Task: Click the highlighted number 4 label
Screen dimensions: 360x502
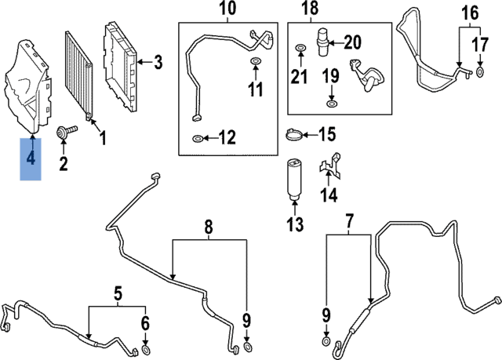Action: coord(31,158)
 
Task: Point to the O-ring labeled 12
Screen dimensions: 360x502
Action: coord(197,140)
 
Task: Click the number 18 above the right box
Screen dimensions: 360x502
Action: coord(310,9)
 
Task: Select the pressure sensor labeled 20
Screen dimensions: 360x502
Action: coord(322,44)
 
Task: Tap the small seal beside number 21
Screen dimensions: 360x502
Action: coord(299,51)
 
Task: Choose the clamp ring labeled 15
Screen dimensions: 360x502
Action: coord(293,136)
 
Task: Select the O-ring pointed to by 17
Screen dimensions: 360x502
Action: coord(481,73)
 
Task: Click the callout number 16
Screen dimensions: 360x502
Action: coord(470,13)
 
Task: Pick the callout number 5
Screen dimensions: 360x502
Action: coord(118,295)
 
